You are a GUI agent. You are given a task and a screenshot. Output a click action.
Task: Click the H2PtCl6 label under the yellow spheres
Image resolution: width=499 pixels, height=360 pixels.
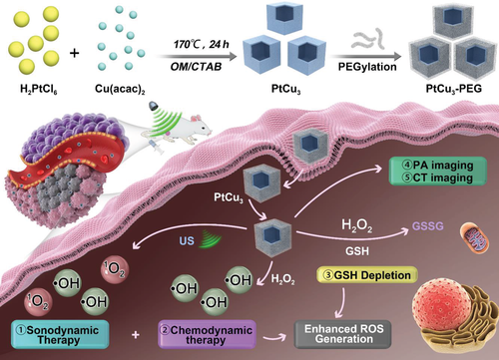point(39,89)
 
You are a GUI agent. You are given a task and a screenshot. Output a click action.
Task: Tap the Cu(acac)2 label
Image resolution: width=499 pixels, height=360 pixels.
point(120,89)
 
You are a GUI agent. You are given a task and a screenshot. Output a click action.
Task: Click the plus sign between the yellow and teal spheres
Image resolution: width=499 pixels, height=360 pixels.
point(75,53)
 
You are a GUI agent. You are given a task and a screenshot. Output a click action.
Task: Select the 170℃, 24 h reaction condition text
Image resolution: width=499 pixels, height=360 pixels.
point(202,44)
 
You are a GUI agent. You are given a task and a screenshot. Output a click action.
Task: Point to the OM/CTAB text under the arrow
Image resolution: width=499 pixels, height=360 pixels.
point(196,67)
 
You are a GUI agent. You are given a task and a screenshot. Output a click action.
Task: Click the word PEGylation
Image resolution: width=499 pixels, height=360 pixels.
point(367,67)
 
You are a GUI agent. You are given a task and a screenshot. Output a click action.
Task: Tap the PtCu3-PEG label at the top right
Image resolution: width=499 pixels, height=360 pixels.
point(454,89)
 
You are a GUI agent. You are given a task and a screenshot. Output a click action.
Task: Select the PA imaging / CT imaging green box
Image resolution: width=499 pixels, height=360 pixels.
point(438,172)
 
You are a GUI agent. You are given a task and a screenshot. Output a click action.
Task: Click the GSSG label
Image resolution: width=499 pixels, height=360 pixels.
point(428,226)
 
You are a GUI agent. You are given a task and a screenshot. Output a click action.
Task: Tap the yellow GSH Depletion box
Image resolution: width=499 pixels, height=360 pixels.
point(367,275)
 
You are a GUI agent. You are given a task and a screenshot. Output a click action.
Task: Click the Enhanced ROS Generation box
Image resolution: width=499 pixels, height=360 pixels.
point(343,334)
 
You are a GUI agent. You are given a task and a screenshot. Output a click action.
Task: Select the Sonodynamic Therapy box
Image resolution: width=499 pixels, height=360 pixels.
point(60,334)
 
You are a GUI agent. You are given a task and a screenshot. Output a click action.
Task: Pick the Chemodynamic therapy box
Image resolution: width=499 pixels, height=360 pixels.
point(207,334)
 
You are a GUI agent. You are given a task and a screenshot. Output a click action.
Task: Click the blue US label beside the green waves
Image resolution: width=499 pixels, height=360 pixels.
point(187,240)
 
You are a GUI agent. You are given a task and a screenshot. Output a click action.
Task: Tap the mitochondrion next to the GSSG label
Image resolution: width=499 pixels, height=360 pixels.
point(475,237)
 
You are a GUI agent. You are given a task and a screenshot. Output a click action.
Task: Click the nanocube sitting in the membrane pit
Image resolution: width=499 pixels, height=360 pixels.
point(311,145)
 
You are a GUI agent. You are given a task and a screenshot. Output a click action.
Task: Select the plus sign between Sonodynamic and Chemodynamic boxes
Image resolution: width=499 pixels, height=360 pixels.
point(136,334)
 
